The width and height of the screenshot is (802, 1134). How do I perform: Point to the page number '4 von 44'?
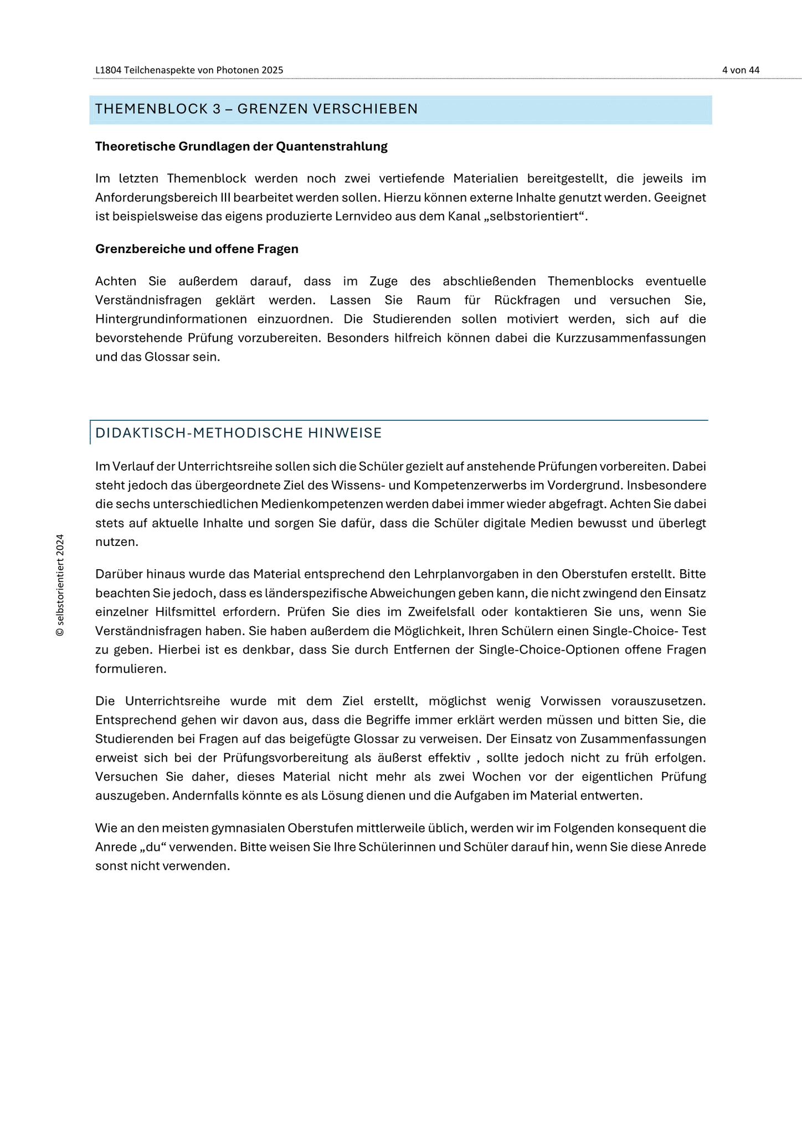(x=741, y=70)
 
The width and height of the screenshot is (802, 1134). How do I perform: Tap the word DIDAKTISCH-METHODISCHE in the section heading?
(x=194, y=434)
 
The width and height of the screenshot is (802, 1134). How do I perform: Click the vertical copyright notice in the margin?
(x=60, y=585)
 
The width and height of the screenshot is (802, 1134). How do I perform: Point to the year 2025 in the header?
(x=271, y=70)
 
